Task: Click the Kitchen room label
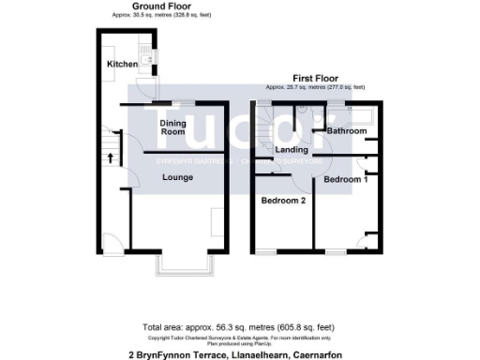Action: click(x=122, y=64)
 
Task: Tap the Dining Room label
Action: click(x=172, y=127)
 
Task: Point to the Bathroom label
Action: click(x=346, y=131)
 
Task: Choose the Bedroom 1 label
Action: click(x=345, y=178)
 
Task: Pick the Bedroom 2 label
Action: click(x=283, y=201)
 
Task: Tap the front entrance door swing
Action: click(x=111, y=244)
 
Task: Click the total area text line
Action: click(x=238, y=327)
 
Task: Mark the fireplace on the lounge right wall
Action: click(x=218, y=223)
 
